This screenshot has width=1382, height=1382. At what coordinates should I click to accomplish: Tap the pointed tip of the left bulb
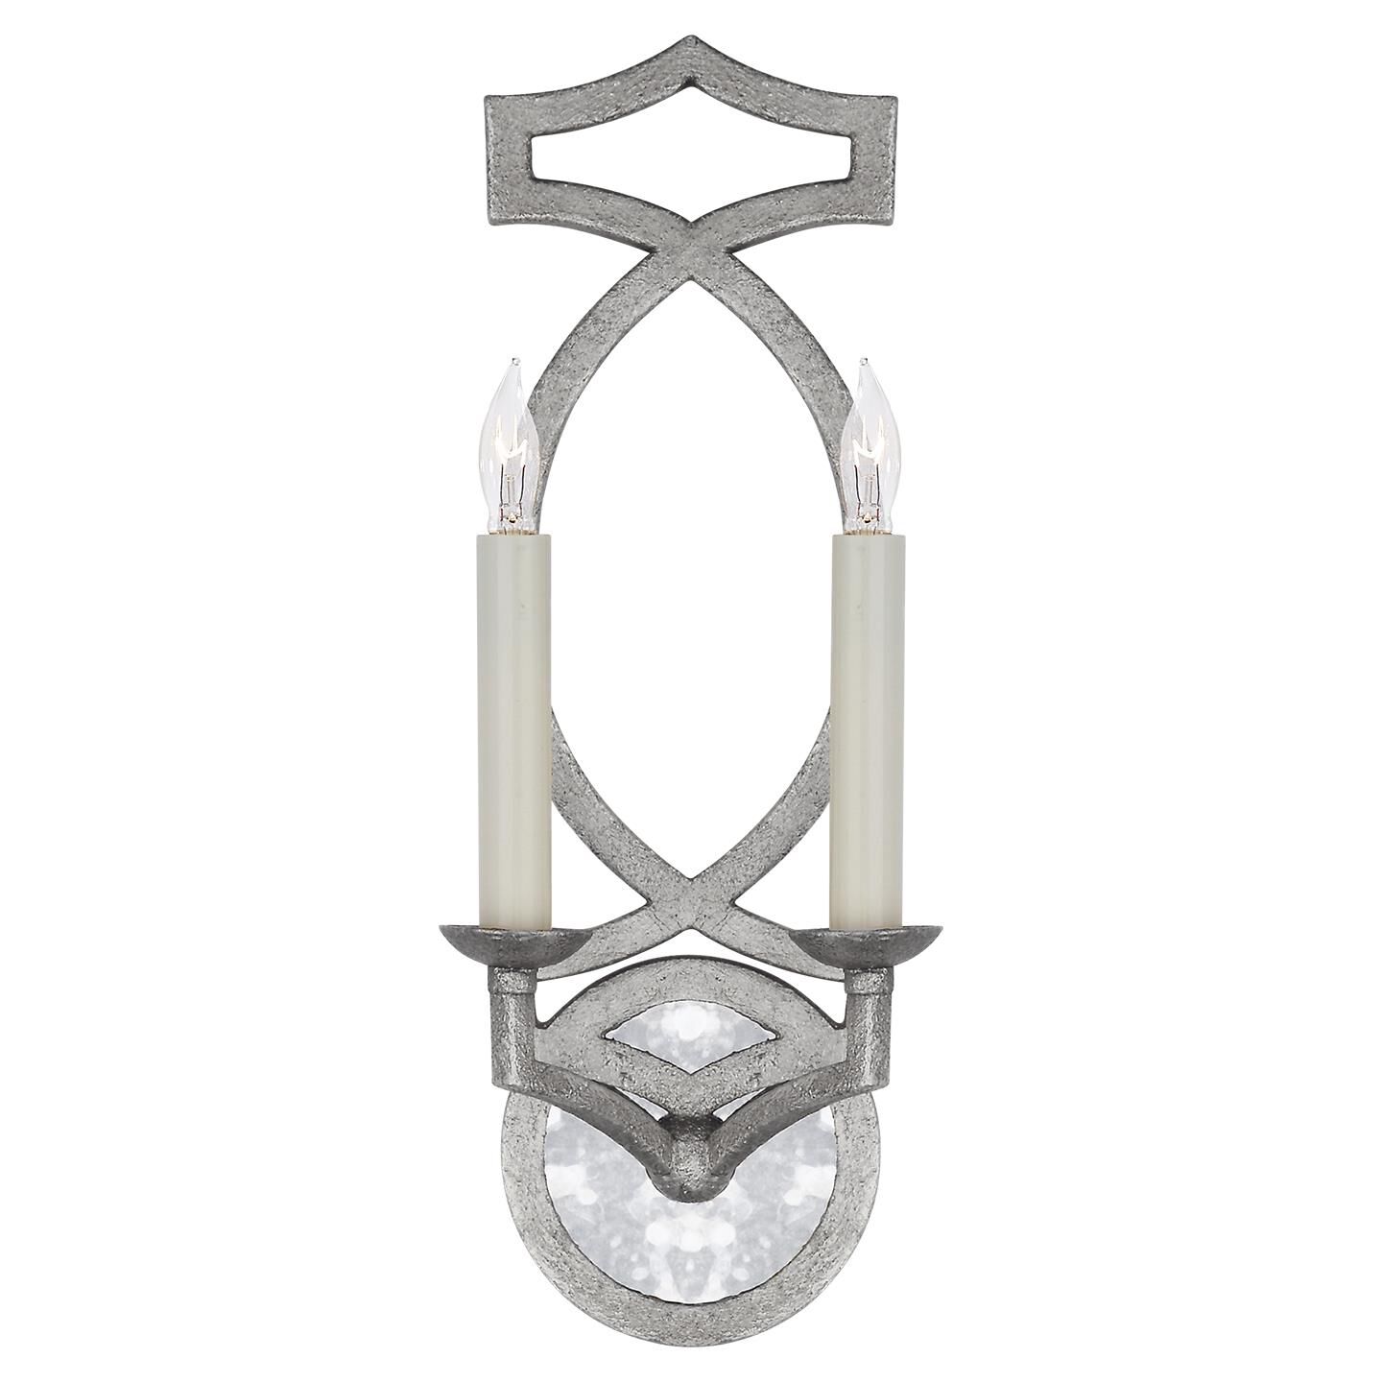(x=513, y=362)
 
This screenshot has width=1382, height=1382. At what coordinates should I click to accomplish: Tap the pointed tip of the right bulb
(x=864, y=362)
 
